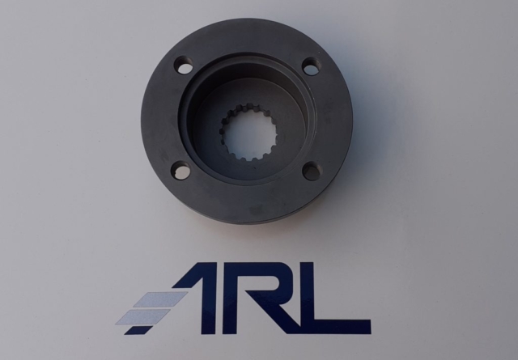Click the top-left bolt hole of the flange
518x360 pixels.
184,65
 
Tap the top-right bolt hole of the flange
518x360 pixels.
311,66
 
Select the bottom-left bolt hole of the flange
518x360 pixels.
180,171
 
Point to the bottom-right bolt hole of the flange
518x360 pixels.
311,171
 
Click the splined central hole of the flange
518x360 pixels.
248,132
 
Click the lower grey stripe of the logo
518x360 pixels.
142,317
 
